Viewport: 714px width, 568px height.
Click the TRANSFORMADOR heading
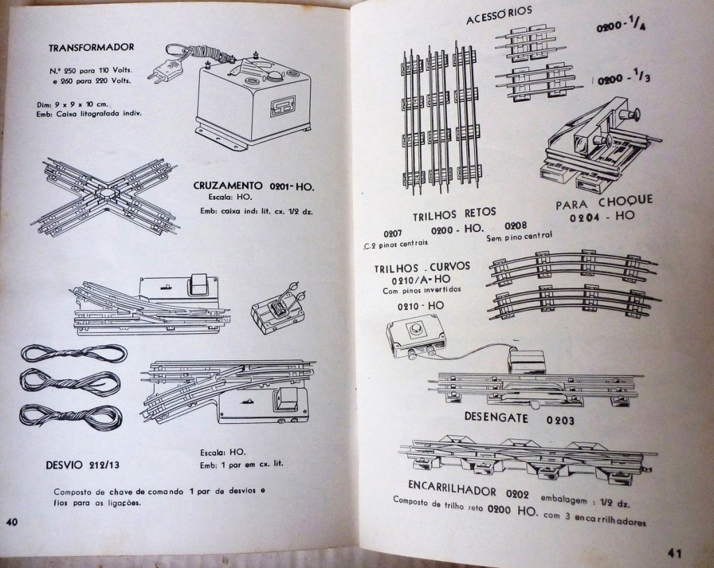coord(91,48)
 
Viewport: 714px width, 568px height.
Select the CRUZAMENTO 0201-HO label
coord(254,186)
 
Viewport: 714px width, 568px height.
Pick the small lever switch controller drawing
coord(278,308)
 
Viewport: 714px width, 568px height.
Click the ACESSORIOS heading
coord(499,14)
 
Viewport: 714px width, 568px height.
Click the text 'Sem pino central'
coord(519,236)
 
